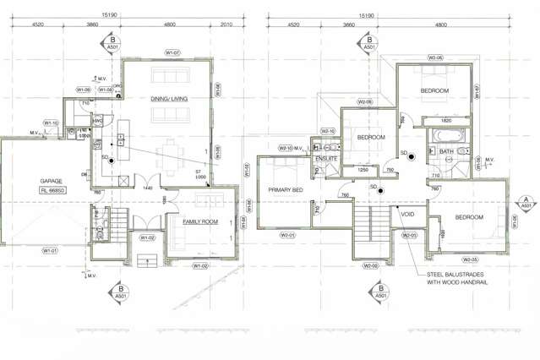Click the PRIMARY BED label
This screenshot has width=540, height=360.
pyautogui.click(x=286, y=191)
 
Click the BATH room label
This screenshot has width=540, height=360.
pyautogui.click(x=445, y=153)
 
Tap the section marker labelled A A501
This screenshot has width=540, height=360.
pyautogui.click(x=526, y=203)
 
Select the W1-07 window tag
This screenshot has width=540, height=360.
pyautogui.click(x=173, y=53)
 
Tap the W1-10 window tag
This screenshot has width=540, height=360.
pyautogui.click(x=50, y=124)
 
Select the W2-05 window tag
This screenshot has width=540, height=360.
pyautogui.click(x=470, y=259)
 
